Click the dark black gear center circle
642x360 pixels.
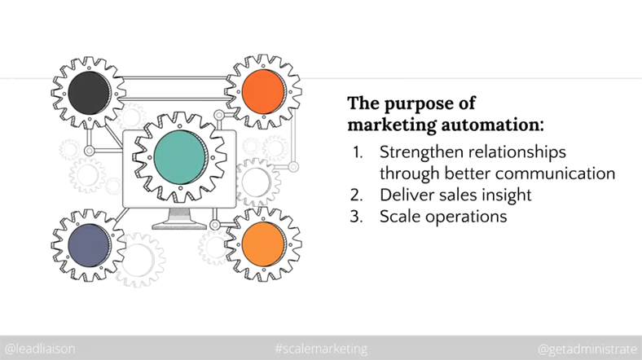[x=89, y=93]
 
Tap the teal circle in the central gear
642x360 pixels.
[x=180, y=157]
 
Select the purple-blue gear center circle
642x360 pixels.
[x=89, y=245]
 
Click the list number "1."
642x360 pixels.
[x=358, y=152]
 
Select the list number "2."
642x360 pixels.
[x=357, y=195]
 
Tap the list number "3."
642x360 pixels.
[x=357, y=217]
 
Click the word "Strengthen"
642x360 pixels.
[x=422, y=151]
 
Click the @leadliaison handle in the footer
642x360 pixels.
[x=40, y=349]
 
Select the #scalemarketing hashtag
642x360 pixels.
[x=321, y=349]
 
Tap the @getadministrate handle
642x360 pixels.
[x=587, y=349]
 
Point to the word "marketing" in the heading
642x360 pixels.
[x=392, y=125]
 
